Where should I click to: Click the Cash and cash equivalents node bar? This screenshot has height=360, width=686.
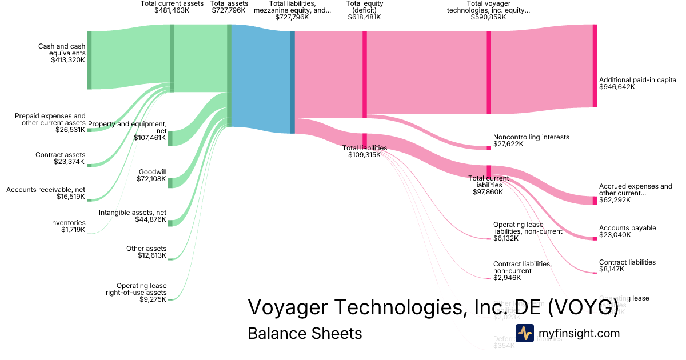point(89,60)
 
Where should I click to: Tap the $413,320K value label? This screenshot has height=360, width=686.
point(68,59)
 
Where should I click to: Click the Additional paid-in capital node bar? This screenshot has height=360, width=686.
point(595,65)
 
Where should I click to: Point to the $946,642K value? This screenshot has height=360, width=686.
point(617,87)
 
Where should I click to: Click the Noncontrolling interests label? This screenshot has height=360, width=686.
point(531,137)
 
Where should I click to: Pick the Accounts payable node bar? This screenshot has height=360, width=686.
point(595,238)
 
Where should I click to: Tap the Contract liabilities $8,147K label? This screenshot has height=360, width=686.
point(627,266)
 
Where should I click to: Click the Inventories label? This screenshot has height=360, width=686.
point(68,223)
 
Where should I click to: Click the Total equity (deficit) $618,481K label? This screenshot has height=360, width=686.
point(364,10)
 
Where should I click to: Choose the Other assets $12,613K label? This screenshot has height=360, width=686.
point(146,252)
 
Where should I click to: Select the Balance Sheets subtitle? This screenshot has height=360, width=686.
point(305,333)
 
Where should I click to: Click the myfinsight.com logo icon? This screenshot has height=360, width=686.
point(525,333)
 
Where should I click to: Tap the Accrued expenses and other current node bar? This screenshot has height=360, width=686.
point(595,200)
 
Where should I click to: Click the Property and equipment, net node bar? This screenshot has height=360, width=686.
point(170,138)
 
